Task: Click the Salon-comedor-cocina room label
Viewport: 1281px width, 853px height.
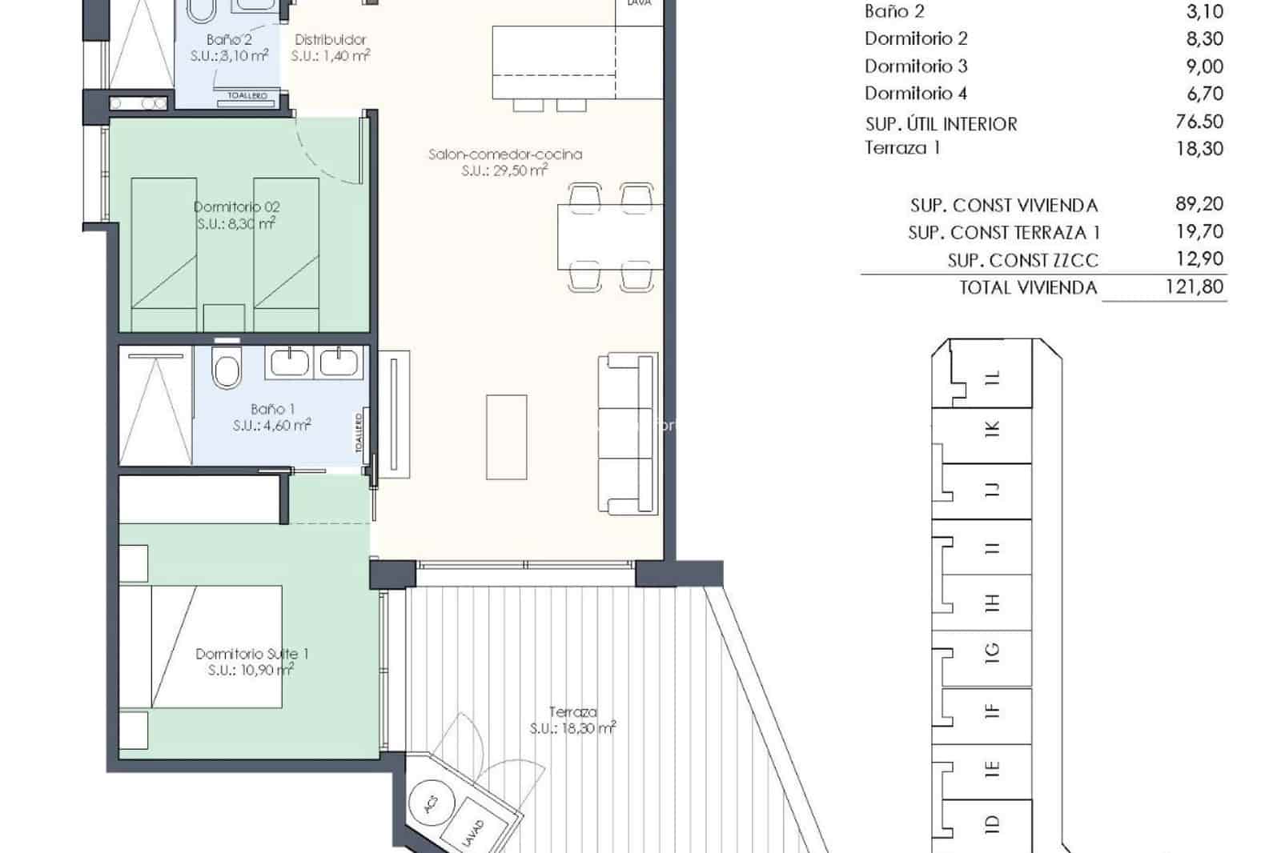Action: pos(504,154)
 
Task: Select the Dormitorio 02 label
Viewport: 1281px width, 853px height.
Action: pos(237,207)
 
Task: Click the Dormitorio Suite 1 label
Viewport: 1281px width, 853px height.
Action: pos(251,654)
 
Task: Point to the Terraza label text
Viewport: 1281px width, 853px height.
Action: pos(573,711)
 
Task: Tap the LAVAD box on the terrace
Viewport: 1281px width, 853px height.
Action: pos(474,832)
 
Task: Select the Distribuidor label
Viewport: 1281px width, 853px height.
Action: pos(330,39)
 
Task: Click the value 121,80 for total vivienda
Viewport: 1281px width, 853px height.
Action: pos(1194,286)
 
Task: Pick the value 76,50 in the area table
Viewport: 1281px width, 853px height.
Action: pos(1199,122)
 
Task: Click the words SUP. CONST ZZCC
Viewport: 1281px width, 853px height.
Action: pos(1022,260)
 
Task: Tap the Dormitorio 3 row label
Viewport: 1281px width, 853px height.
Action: pos(915,66)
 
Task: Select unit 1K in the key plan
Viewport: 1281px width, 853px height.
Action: pos(994,430)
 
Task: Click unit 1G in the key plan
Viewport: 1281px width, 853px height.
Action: pos(993,654)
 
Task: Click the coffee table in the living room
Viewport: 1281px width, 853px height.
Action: pos(506,436)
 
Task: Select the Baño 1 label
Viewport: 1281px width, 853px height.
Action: pos(271,409)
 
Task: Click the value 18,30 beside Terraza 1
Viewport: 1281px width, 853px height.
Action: pos(1199,149)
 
